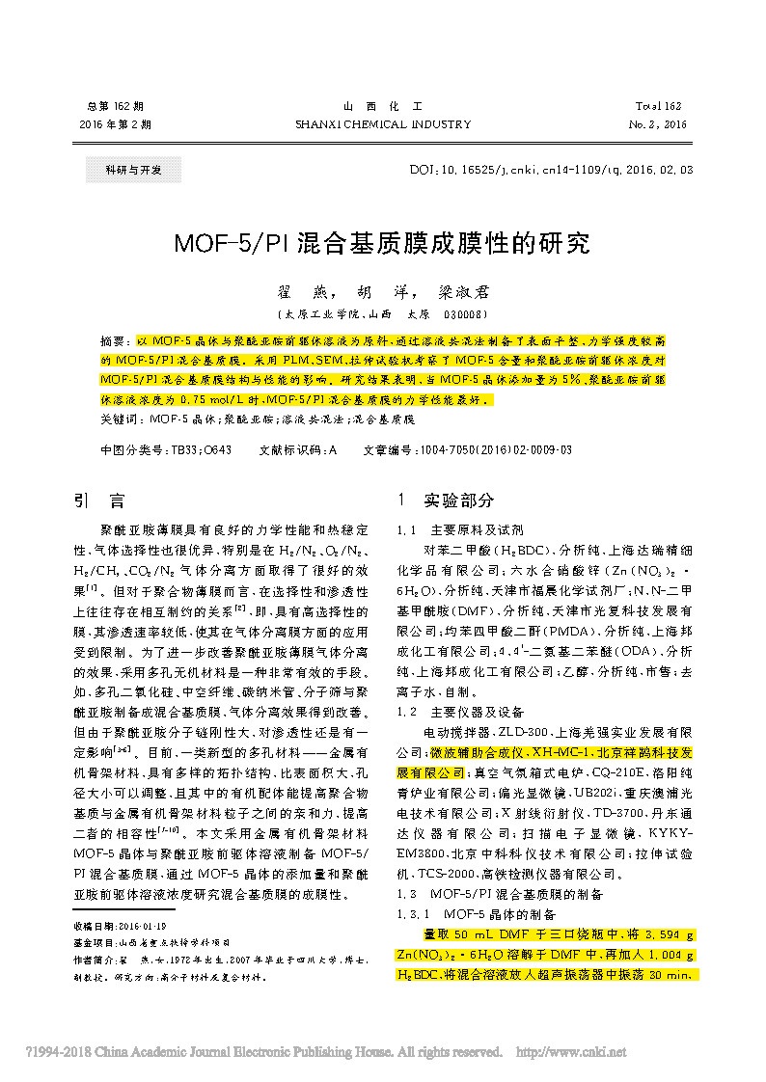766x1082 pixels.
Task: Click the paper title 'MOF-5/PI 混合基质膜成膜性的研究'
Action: [382, 243]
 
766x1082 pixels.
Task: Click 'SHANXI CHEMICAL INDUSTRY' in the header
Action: [383, 124]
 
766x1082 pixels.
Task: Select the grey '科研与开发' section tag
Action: [123, 171]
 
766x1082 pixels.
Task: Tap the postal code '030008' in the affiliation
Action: [464, 314]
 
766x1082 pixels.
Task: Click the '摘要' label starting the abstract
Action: [114, 342]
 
